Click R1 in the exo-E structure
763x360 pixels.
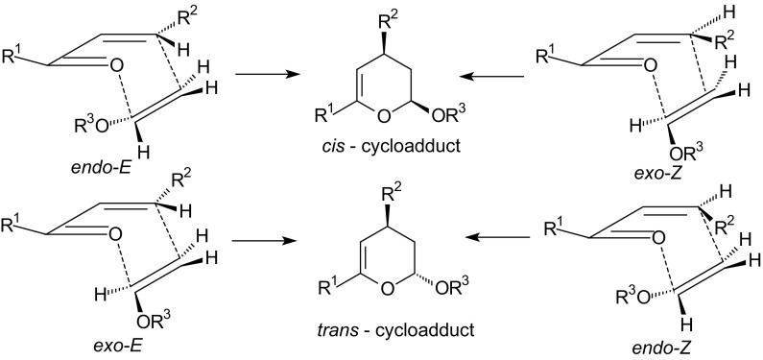pyautogui.click(x=18, y=228)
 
